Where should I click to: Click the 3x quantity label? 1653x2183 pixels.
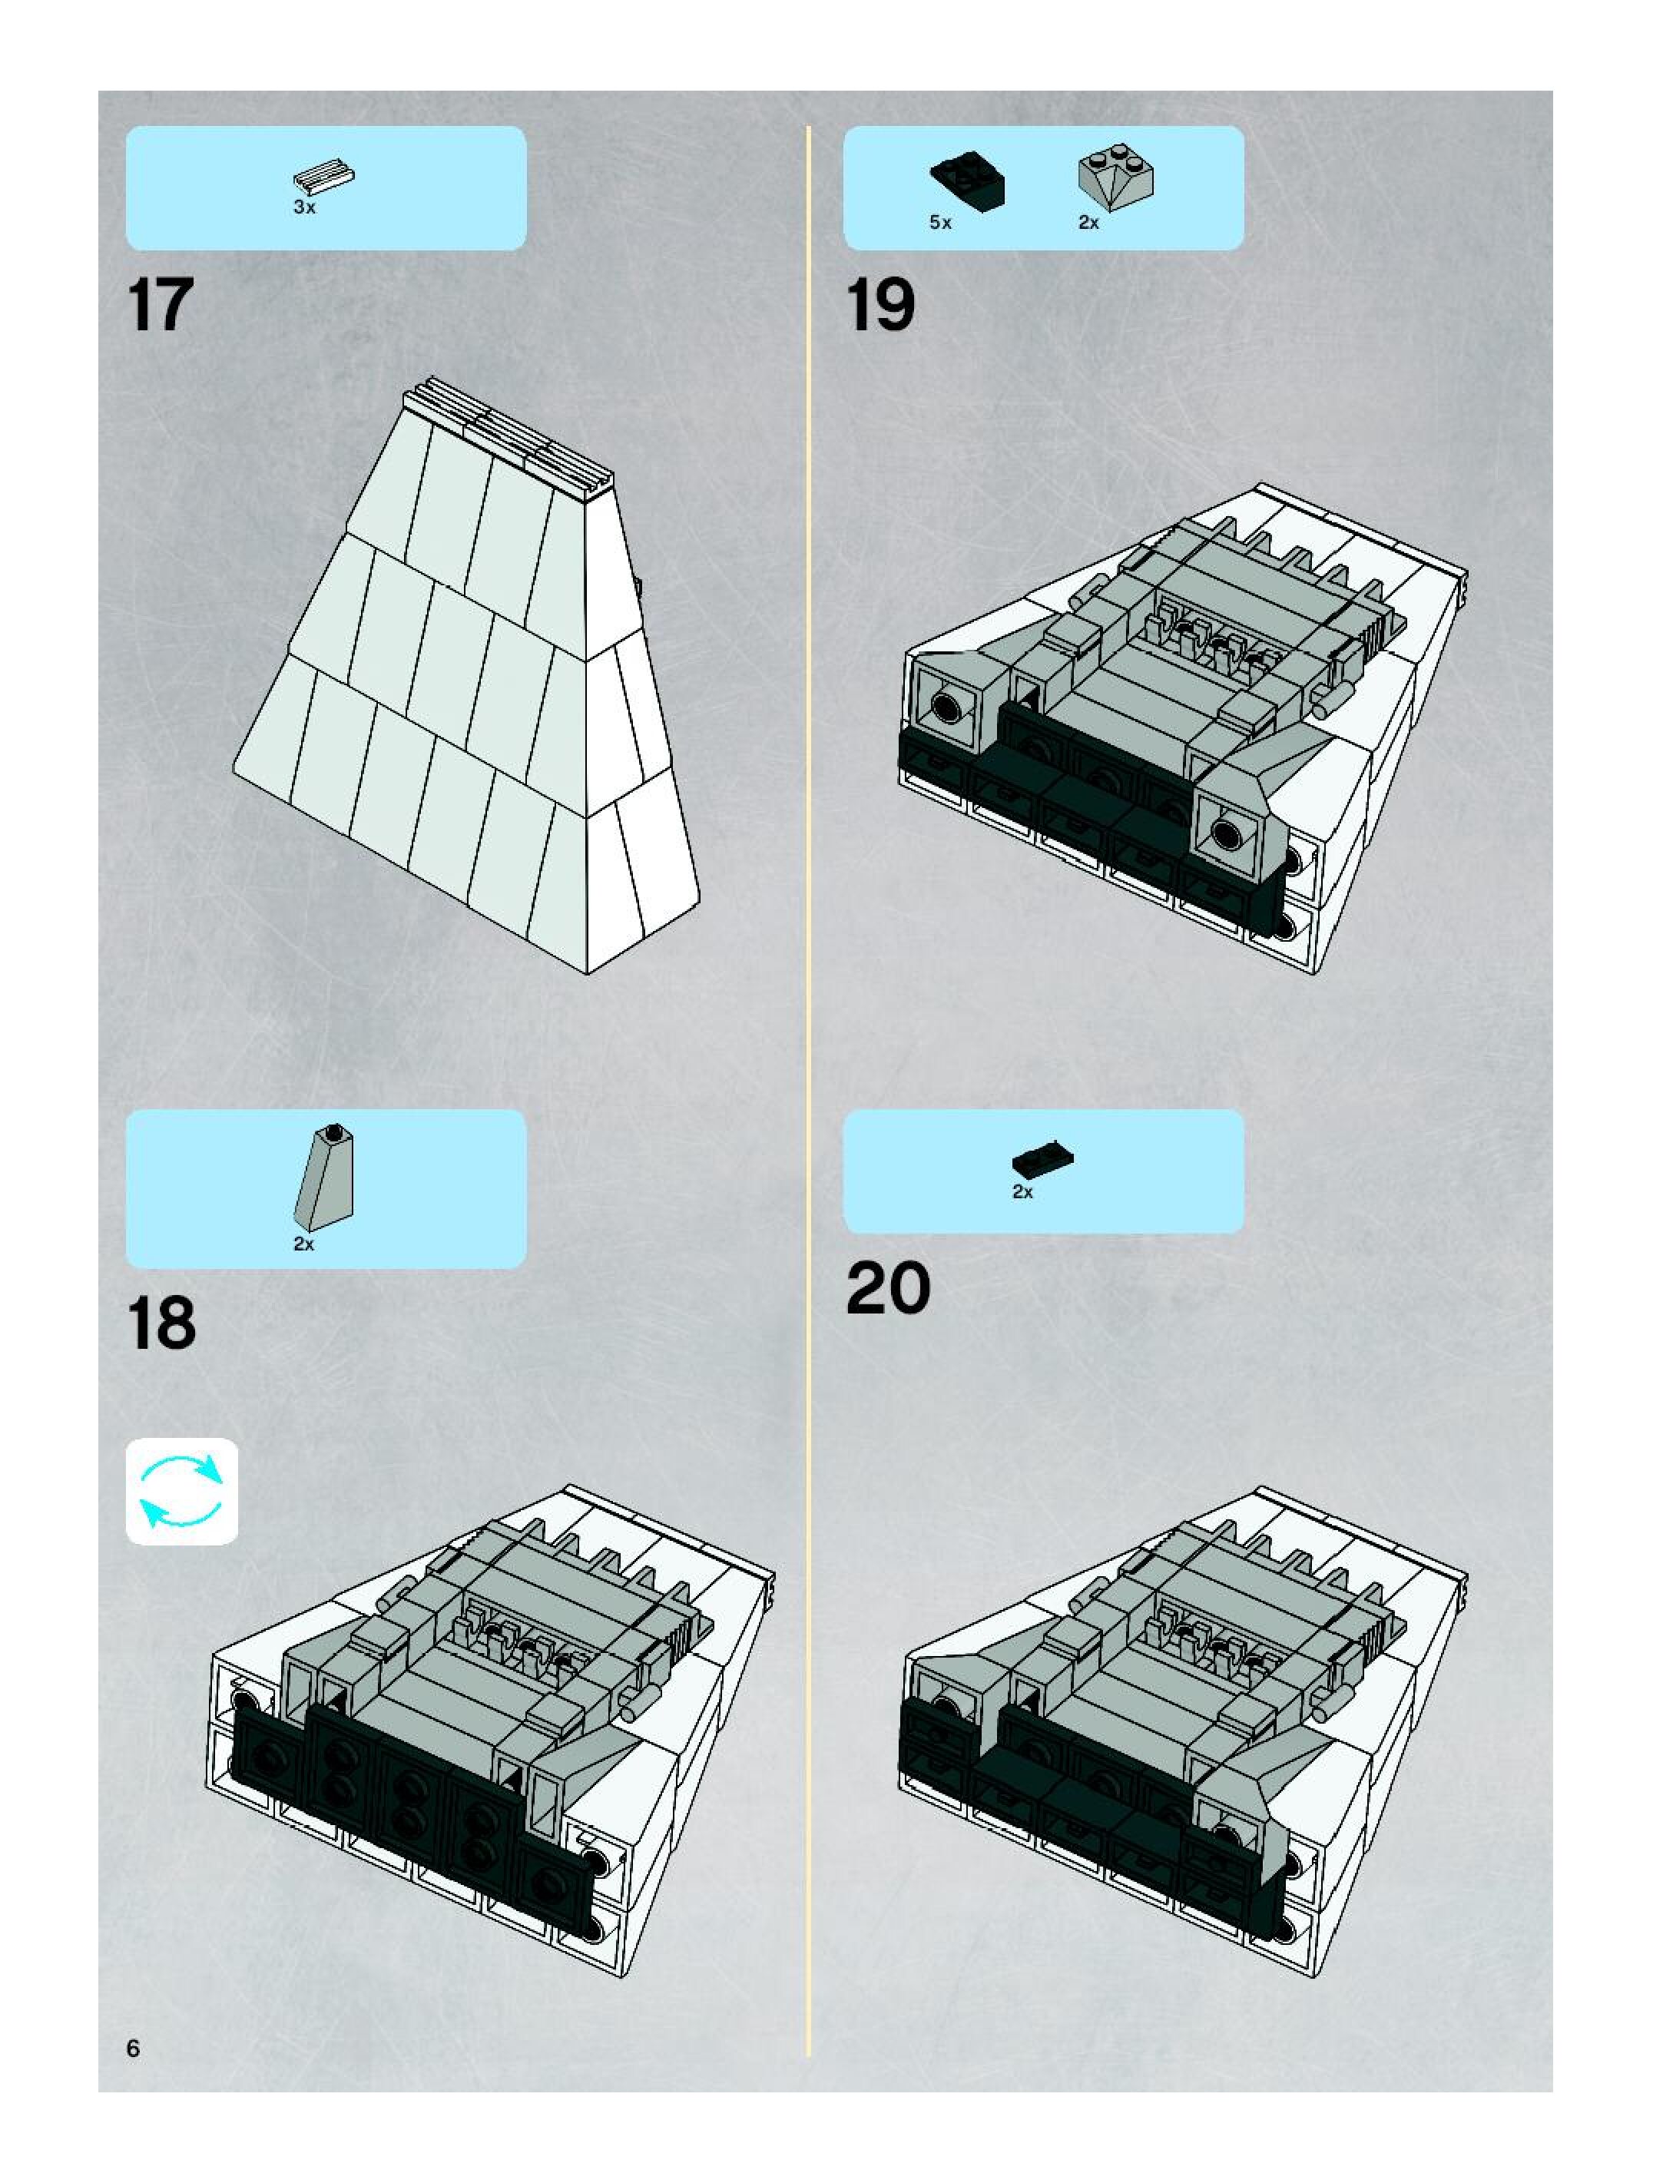pos(304,208)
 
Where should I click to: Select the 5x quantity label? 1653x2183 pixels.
pos(940,223)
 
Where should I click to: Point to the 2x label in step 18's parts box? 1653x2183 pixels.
pos(304,1244)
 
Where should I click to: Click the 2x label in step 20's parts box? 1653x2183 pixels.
pos(1022,1192)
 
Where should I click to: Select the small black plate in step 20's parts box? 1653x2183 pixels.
pos(1042,1158)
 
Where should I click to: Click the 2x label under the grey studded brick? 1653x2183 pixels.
pos(1088,223)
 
